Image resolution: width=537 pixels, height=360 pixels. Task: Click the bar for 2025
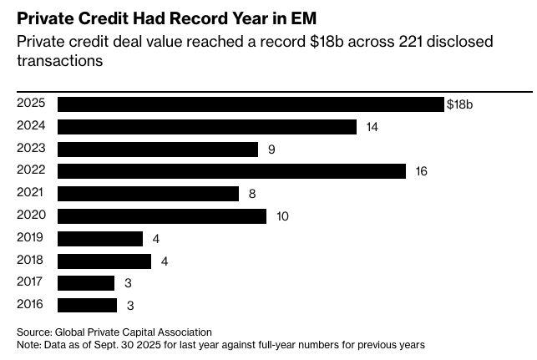click(251, 104)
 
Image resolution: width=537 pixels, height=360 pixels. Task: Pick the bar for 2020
click(162, 216)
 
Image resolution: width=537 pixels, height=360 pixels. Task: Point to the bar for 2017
click(86, 283)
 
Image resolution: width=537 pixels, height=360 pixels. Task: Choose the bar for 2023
click(158, 150)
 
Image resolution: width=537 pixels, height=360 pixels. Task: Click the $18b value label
click(460, 104)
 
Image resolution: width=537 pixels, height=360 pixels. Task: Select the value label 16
click(421, 171)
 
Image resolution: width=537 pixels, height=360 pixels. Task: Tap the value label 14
click(372, 127)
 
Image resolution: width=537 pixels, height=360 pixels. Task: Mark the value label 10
click(282, 216)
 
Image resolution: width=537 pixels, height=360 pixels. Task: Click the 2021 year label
click(30, 194)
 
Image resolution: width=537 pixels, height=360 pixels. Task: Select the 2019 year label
click(30, 238)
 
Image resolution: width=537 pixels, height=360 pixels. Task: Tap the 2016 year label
click(30, 305)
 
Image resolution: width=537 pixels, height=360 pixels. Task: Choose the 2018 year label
click(30, 261)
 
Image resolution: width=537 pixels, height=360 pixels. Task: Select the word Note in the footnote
click(29, 343)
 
